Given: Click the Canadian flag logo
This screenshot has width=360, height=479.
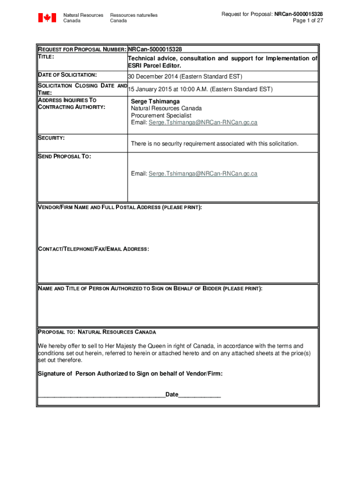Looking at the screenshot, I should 47,18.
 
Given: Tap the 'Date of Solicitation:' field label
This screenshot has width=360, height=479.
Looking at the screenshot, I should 67,75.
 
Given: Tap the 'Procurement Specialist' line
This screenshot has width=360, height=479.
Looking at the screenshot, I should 161,115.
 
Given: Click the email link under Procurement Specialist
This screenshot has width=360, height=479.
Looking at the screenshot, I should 203,123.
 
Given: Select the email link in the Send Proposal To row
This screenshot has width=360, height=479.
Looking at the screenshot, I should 203,174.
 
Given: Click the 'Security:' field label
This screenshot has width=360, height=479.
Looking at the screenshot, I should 51,138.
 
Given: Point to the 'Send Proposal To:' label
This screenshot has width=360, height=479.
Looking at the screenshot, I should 64,157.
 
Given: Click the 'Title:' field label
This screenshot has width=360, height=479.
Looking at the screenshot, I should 46,57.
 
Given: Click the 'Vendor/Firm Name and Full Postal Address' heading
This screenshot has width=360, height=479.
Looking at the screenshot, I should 120,207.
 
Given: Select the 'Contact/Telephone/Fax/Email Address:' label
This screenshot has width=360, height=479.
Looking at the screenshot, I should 94,249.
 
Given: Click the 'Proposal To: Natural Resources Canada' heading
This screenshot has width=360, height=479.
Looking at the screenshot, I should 97,332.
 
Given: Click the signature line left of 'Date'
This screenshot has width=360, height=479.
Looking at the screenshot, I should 101,395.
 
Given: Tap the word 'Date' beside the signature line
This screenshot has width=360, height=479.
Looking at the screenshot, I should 172,394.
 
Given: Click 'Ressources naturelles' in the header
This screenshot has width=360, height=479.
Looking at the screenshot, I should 134,15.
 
